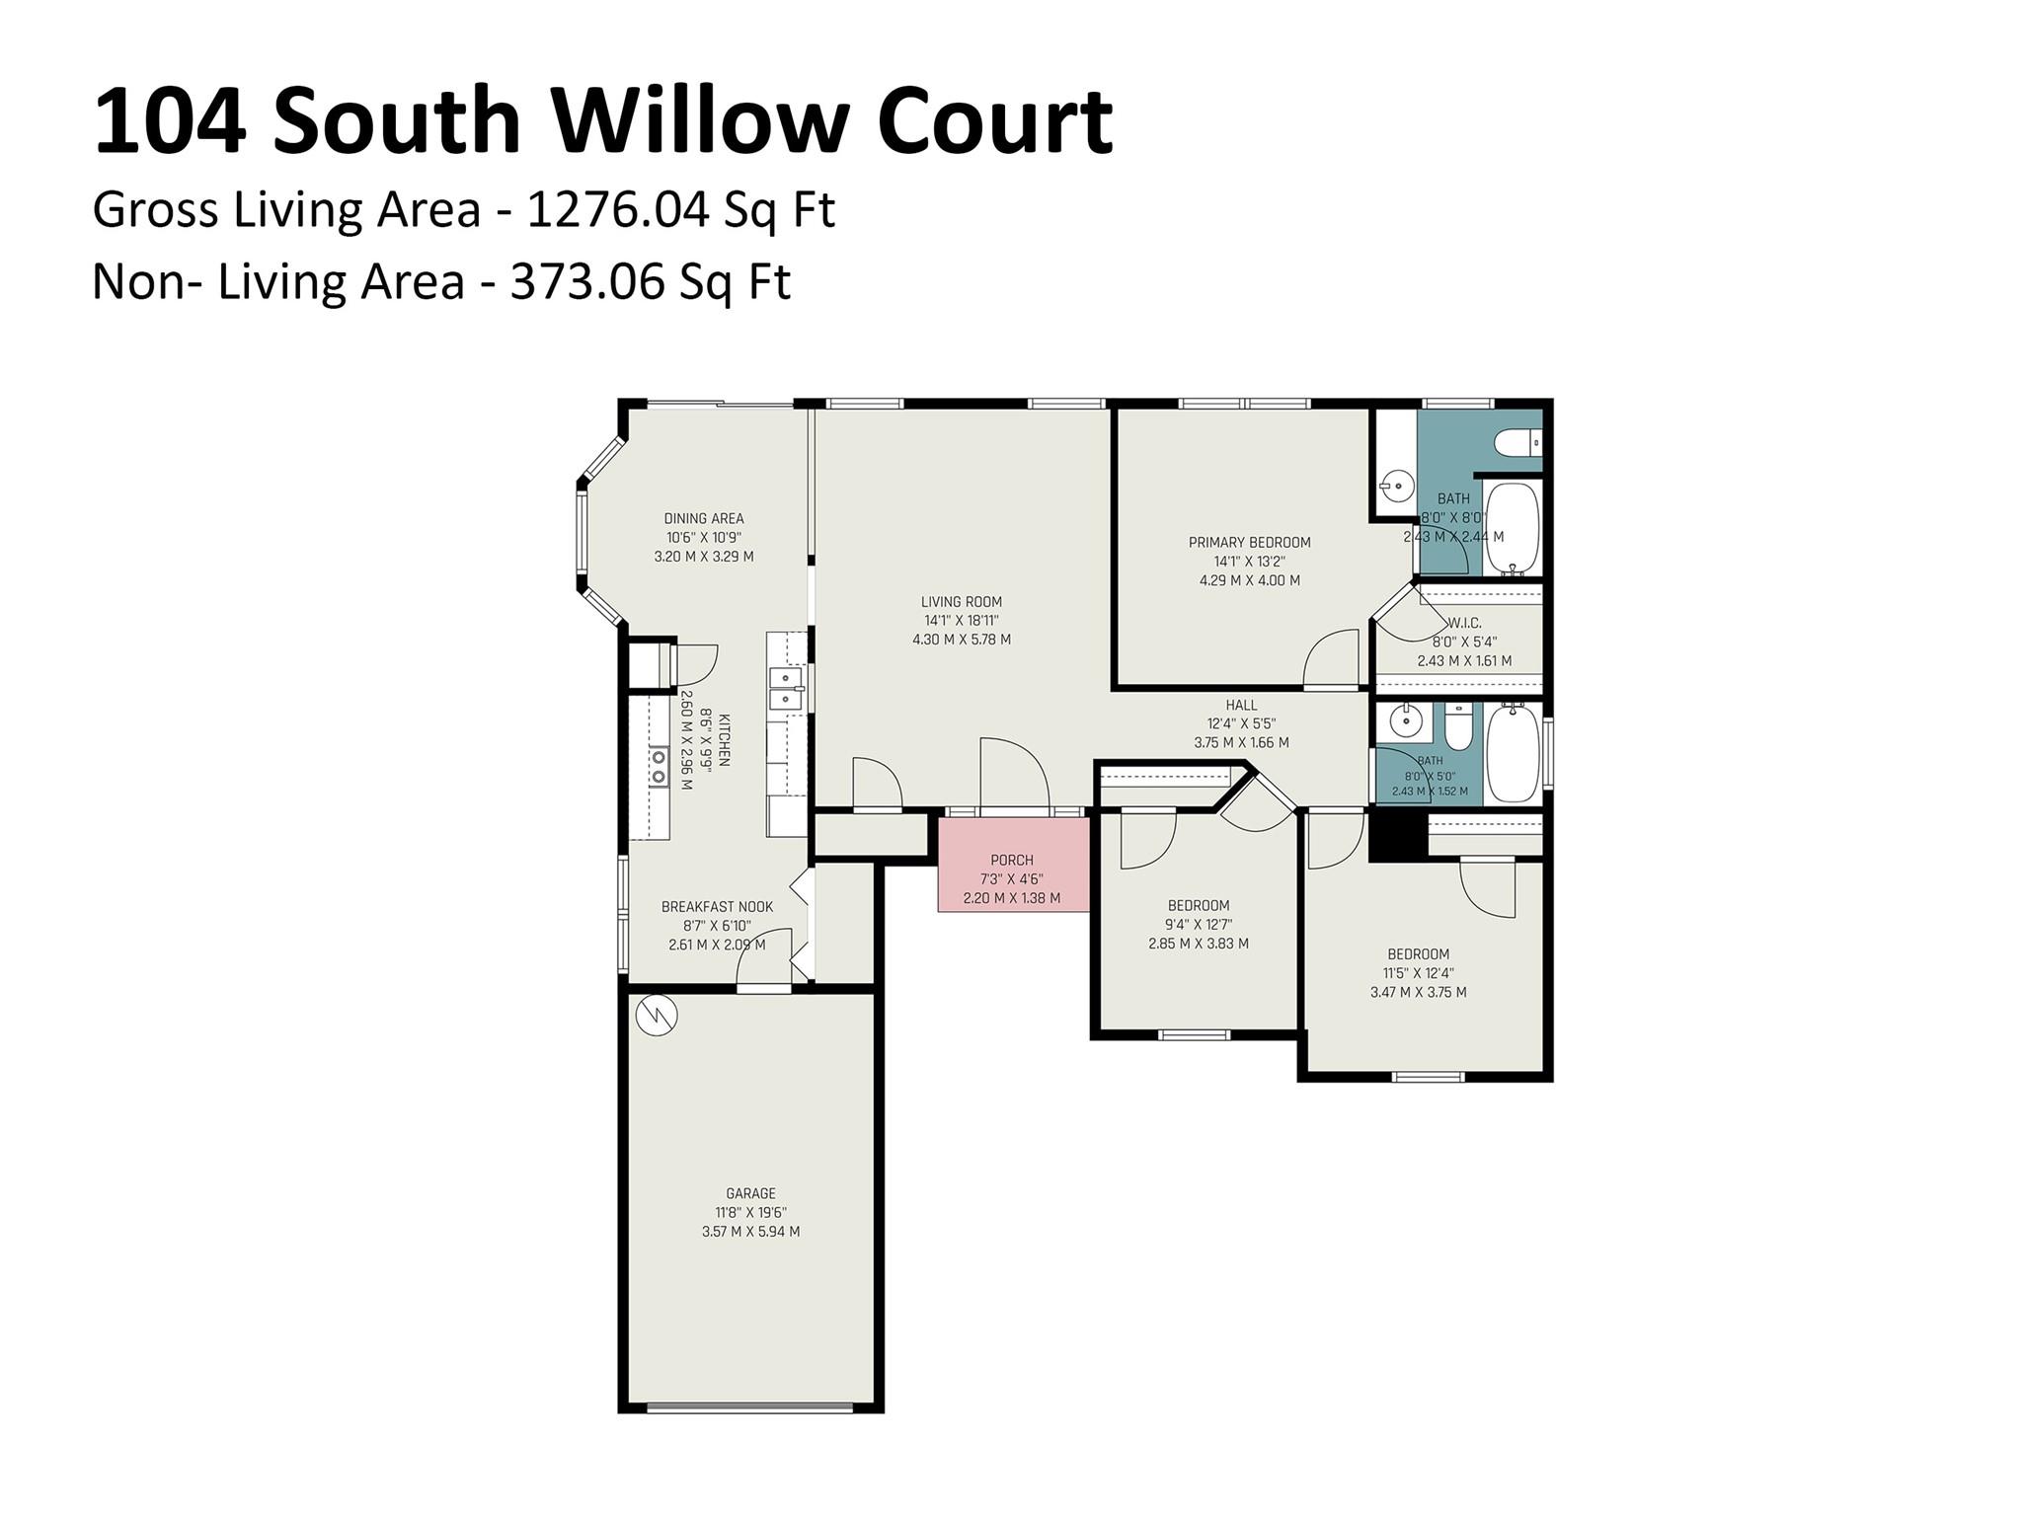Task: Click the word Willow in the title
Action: (699, 121)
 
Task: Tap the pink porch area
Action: (1013, 865)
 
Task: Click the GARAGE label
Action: (750, 1193)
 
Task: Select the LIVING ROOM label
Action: (961, 601)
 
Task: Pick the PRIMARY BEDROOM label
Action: (1249, 542)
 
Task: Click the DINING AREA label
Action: (704, 518)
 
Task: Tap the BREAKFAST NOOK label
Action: (717, 906)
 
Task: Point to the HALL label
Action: (1241, 705)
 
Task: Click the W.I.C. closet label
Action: (1464, 623)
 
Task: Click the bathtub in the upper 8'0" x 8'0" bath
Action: (1513, 529)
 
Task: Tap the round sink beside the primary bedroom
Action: (1396, 486)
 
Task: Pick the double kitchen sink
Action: (786, 689)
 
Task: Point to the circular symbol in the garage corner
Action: (656, 1016)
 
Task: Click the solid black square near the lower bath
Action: (1398, 835)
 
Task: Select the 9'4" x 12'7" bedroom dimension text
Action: (1199, 925)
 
